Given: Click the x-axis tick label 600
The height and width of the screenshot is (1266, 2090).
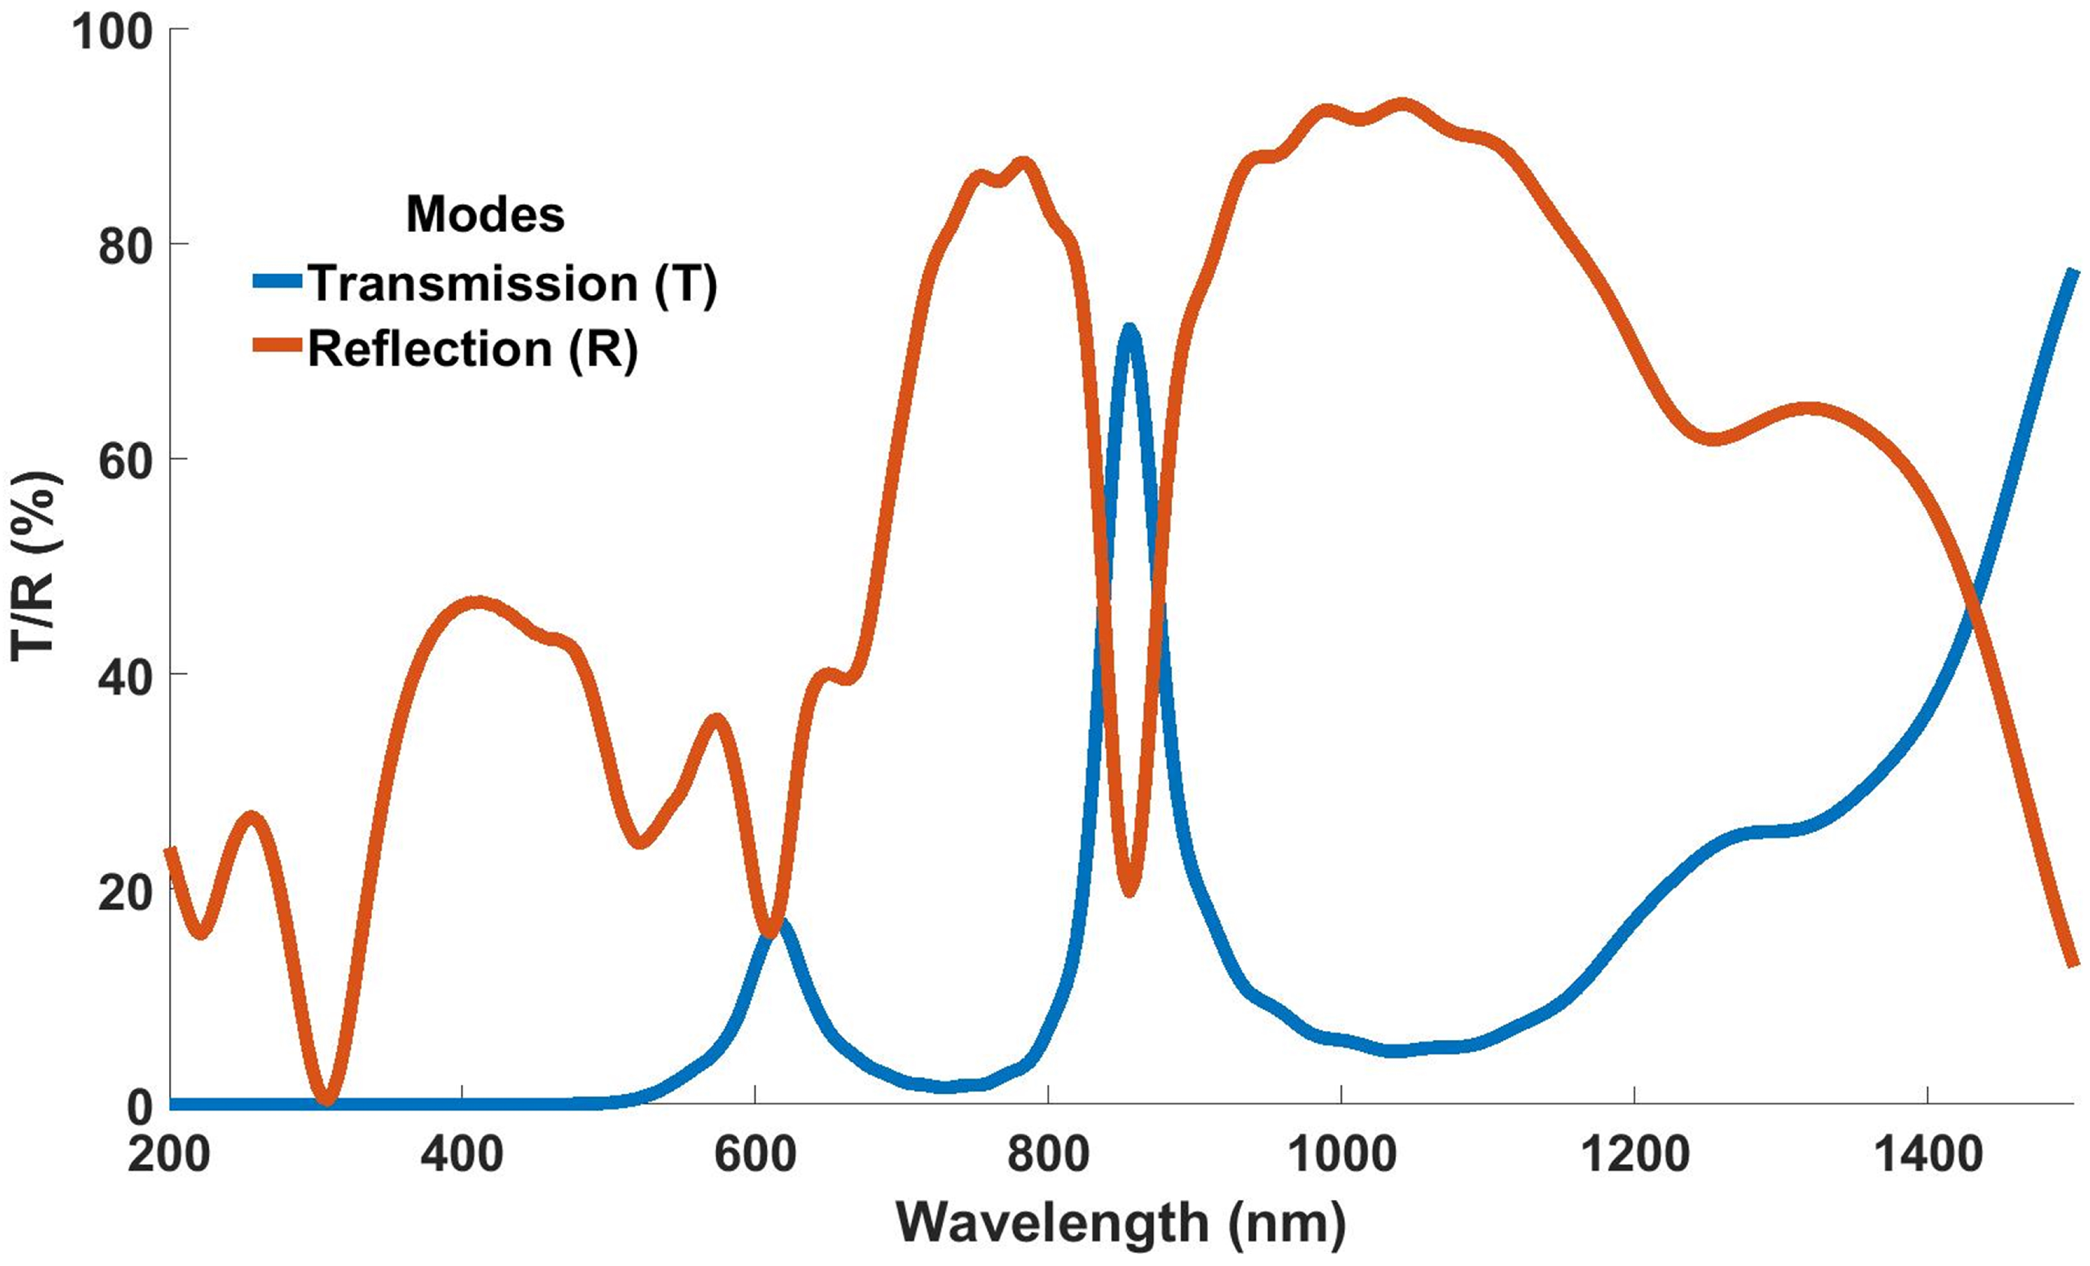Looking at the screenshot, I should [x=755, y=1155].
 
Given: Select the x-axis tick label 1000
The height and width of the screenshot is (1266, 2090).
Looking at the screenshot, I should [x=1341, y=1155].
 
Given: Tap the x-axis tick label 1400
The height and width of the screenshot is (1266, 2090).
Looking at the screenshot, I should [x=1928, y=1155].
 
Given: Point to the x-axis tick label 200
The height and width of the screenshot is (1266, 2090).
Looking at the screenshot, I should [x=169, y=1155].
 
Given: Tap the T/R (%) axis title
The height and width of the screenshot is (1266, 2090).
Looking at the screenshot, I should [x=34, y=566].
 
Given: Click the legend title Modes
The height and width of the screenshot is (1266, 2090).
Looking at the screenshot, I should [x=485, y=214].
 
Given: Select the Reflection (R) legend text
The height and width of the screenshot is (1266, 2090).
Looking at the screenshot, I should [x=473, y=348].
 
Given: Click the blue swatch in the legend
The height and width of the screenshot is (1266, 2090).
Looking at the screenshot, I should [x=277, y=282].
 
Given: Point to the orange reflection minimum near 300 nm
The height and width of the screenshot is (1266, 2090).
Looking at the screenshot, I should [x=328, y=1099].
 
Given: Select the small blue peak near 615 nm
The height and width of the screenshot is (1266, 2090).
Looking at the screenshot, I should [x=778, y=924].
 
